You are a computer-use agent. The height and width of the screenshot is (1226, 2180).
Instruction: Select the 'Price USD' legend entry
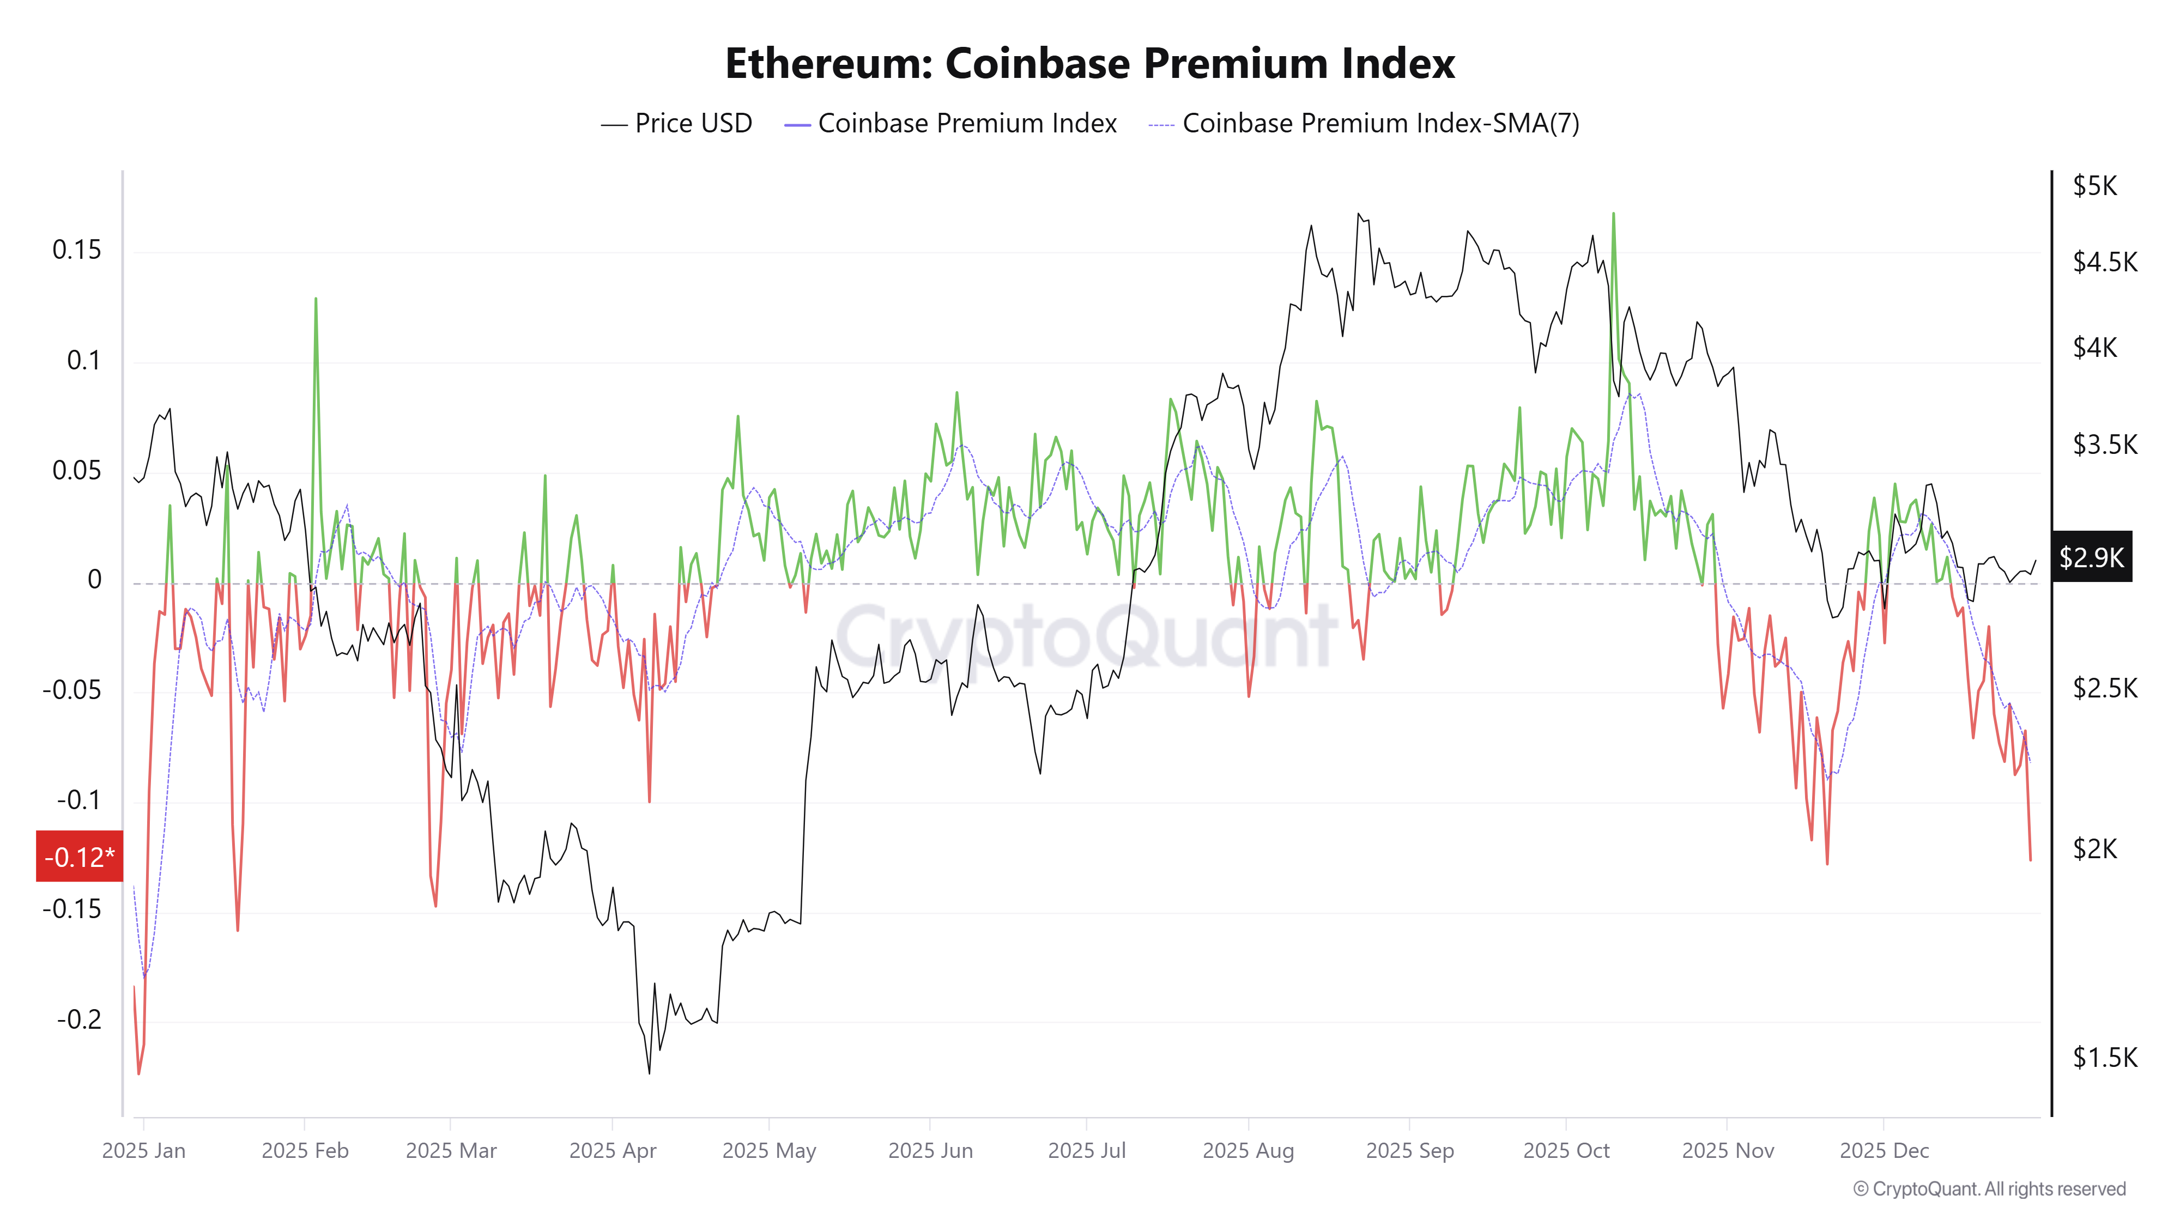point(676,124)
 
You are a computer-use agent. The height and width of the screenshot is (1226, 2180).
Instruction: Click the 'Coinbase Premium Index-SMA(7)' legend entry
point(1364,124)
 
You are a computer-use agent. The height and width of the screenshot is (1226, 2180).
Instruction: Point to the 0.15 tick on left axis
point(76,251)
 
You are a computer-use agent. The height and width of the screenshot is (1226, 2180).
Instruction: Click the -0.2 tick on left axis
point(78,1019)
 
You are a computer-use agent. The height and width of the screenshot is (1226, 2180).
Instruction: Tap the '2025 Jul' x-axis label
point(1087,1151)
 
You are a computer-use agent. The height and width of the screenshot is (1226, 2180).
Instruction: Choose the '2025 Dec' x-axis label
point(1884,1151)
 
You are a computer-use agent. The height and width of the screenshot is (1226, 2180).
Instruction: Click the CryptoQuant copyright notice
point(1989,1189)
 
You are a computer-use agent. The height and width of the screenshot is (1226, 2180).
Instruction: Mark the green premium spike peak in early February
point(316,299)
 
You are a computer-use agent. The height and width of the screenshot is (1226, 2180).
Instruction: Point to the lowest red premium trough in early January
point(139,1073)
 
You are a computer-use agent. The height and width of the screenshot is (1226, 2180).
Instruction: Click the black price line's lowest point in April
point(649,1073)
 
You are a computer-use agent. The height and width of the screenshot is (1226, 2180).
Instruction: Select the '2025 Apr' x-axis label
point(612,1151)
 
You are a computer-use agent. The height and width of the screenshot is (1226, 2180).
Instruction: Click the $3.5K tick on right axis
point(2104,445)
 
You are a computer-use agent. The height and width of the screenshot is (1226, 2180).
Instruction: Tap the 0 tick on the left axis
point(95,580)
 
